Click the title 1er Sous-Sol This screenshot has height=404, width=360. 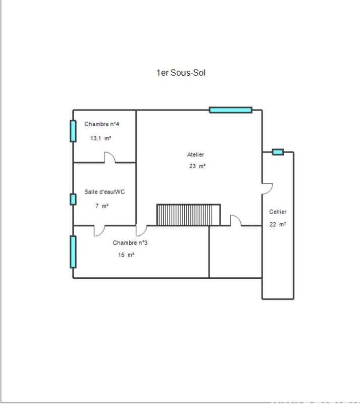[x=181, y=73]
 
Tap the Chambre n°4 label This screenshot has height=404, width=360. [x=102, y=124]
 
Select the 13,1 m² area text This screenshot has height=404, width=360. [x=101, y=138]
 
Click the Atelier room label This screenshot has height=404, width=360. [x=195, y=155]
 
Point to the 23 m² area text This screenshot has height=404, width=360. [x=197, y=166]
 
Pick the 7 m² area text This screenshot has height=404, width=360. [x=102, y=206]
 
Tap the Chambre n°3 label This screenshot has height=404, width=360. [x=130, y=242]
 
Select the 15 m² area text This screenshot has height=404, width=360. [x=126, y=255]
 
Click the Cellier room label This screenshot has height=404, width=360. [x=278, y=212]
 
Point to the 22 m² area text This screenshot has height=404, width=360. [x=278, y=225]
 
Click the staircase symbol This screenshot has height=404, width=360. [x=189, y=215]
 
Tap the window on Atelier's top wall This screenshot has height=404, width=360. [x=231, y=110]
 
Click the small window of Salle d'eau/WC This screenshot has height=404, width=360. [x=73, y=199]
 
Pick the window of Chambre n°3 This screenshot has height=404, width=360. [x=73, y=251]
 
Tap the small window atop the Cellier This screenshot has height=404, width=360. [x=278, y=151]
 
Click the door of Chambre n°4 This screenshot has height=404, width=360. [x=110, y=158]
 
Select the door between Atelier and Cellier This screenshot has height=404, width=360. [x=267, y=187]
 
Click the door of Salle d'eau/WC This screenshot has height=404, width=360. [x=99, y=230]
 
